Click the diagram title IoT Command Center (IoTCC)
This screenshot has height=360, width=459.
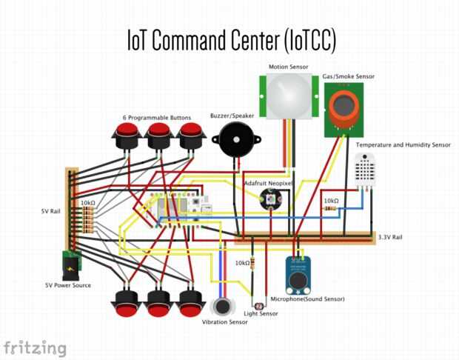229,41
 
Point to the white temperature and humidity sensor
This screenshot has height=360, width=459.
364,169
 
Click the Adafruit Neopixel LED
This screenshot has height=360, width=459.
267,197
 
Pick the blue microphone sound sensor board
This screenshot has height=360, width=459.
298,273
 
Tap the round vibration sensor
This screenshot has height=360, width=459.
221,307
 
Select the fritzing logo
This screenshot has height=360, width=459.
35,347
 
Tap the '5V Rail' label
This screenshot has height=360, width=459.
51,211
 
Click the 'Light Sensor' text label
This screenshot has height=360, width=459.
261,314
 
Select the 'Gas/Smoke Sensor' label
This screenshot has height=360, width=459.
348,76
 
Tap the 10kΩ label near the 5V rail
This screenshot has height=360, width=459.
87,202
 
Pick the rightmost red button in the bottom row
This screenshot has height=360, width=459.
192,301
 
